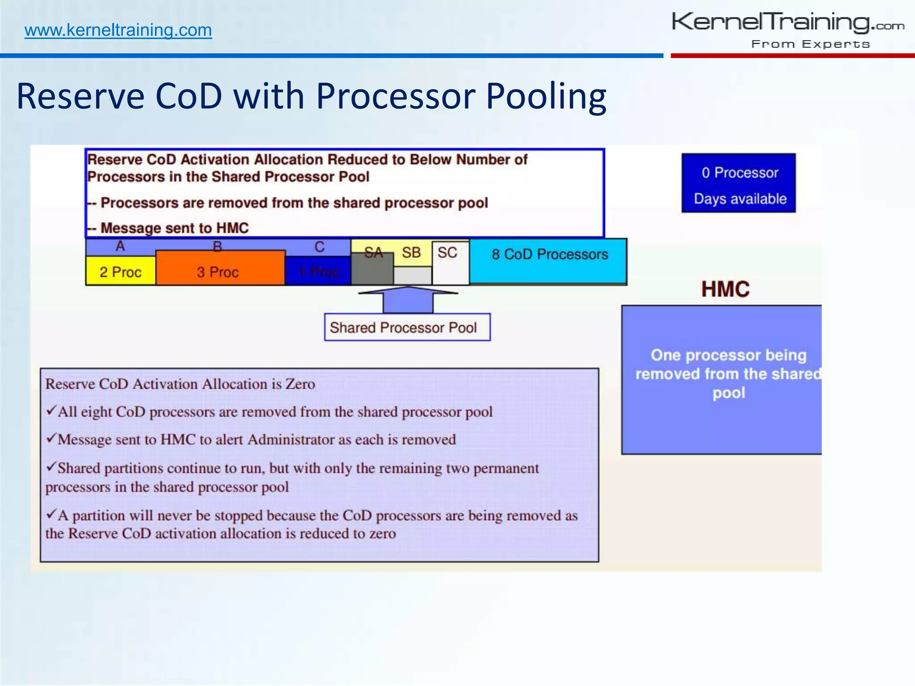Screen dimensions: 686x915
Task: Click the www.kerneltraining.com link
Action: pos(118,30)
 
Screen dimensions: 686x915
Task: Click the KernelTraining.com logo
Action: pos(788,22)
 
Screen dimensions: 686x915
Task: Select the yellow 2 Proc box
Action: pos(120,272)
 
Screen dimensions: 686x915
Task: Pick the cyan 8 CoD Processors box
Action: pos(549,259)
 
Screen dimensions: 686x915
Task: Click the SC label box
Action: pos(448,253)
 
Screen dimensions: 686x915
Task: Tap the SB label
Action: pos(411,253)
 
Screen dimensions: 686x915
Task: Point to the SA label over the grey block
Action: pos(373,253)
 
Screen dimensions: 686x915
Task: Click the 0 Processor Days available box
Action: pos(739,183)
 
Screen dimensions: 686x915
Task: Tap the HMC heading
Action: pos(725,289)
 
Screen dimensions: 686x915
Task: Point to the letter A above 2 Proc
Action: pos(120,246)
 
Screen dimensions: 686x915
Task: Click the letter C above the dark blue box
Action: pos(319,247)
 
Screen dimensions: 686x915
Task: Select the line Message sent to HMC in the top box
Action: pos(174,228)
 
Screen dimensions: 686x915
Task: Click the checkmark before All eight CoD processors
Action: pos(51,410)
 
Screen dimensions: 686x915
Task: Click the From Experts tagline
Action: pos(810,44)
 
